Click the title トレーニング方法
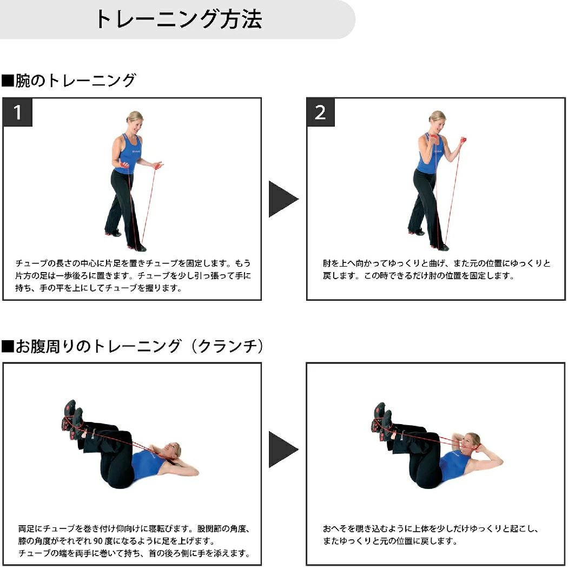[x=178, y=19]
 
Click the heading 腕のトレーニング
[x=69, y=81]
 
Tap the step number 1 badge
[x=17, y=113]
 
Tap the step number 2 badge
[x=320, y=113]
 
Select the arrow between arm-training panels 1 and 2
[x=283, y=199]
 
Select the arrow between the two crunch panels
[x=283, y=450]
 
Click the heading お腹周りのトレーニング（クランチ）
[x=133, y=346]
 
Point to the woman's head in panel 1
[x=134, y=122]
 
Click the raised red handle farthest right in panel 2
[x=463, y=140]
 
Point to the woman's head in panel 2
[x=437, y=121]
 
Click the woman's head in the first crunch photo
[x=171, y=451]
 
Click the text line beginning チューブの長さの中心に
[x=133, y=263]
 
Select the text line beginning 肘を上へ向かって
[x=437, y=263]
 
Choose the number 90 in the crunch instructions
[x=98, y=541]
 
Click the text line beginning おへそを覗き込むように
[x=431, y=529]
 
